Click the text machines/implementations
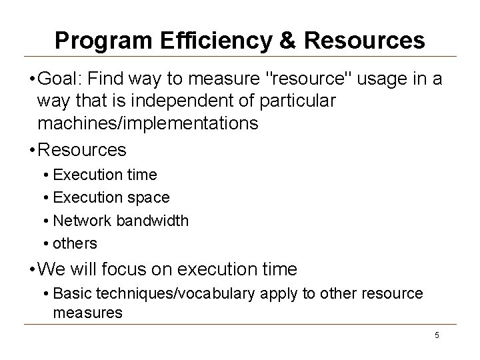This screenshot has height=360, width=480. click(x=148, y=125)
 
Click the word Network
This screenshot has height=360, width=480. click(x=81, y=220)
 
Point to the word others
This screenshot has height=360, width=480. click(x=75, y=243)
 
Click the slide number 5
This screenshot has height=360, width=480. click(x=437, y=335)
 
